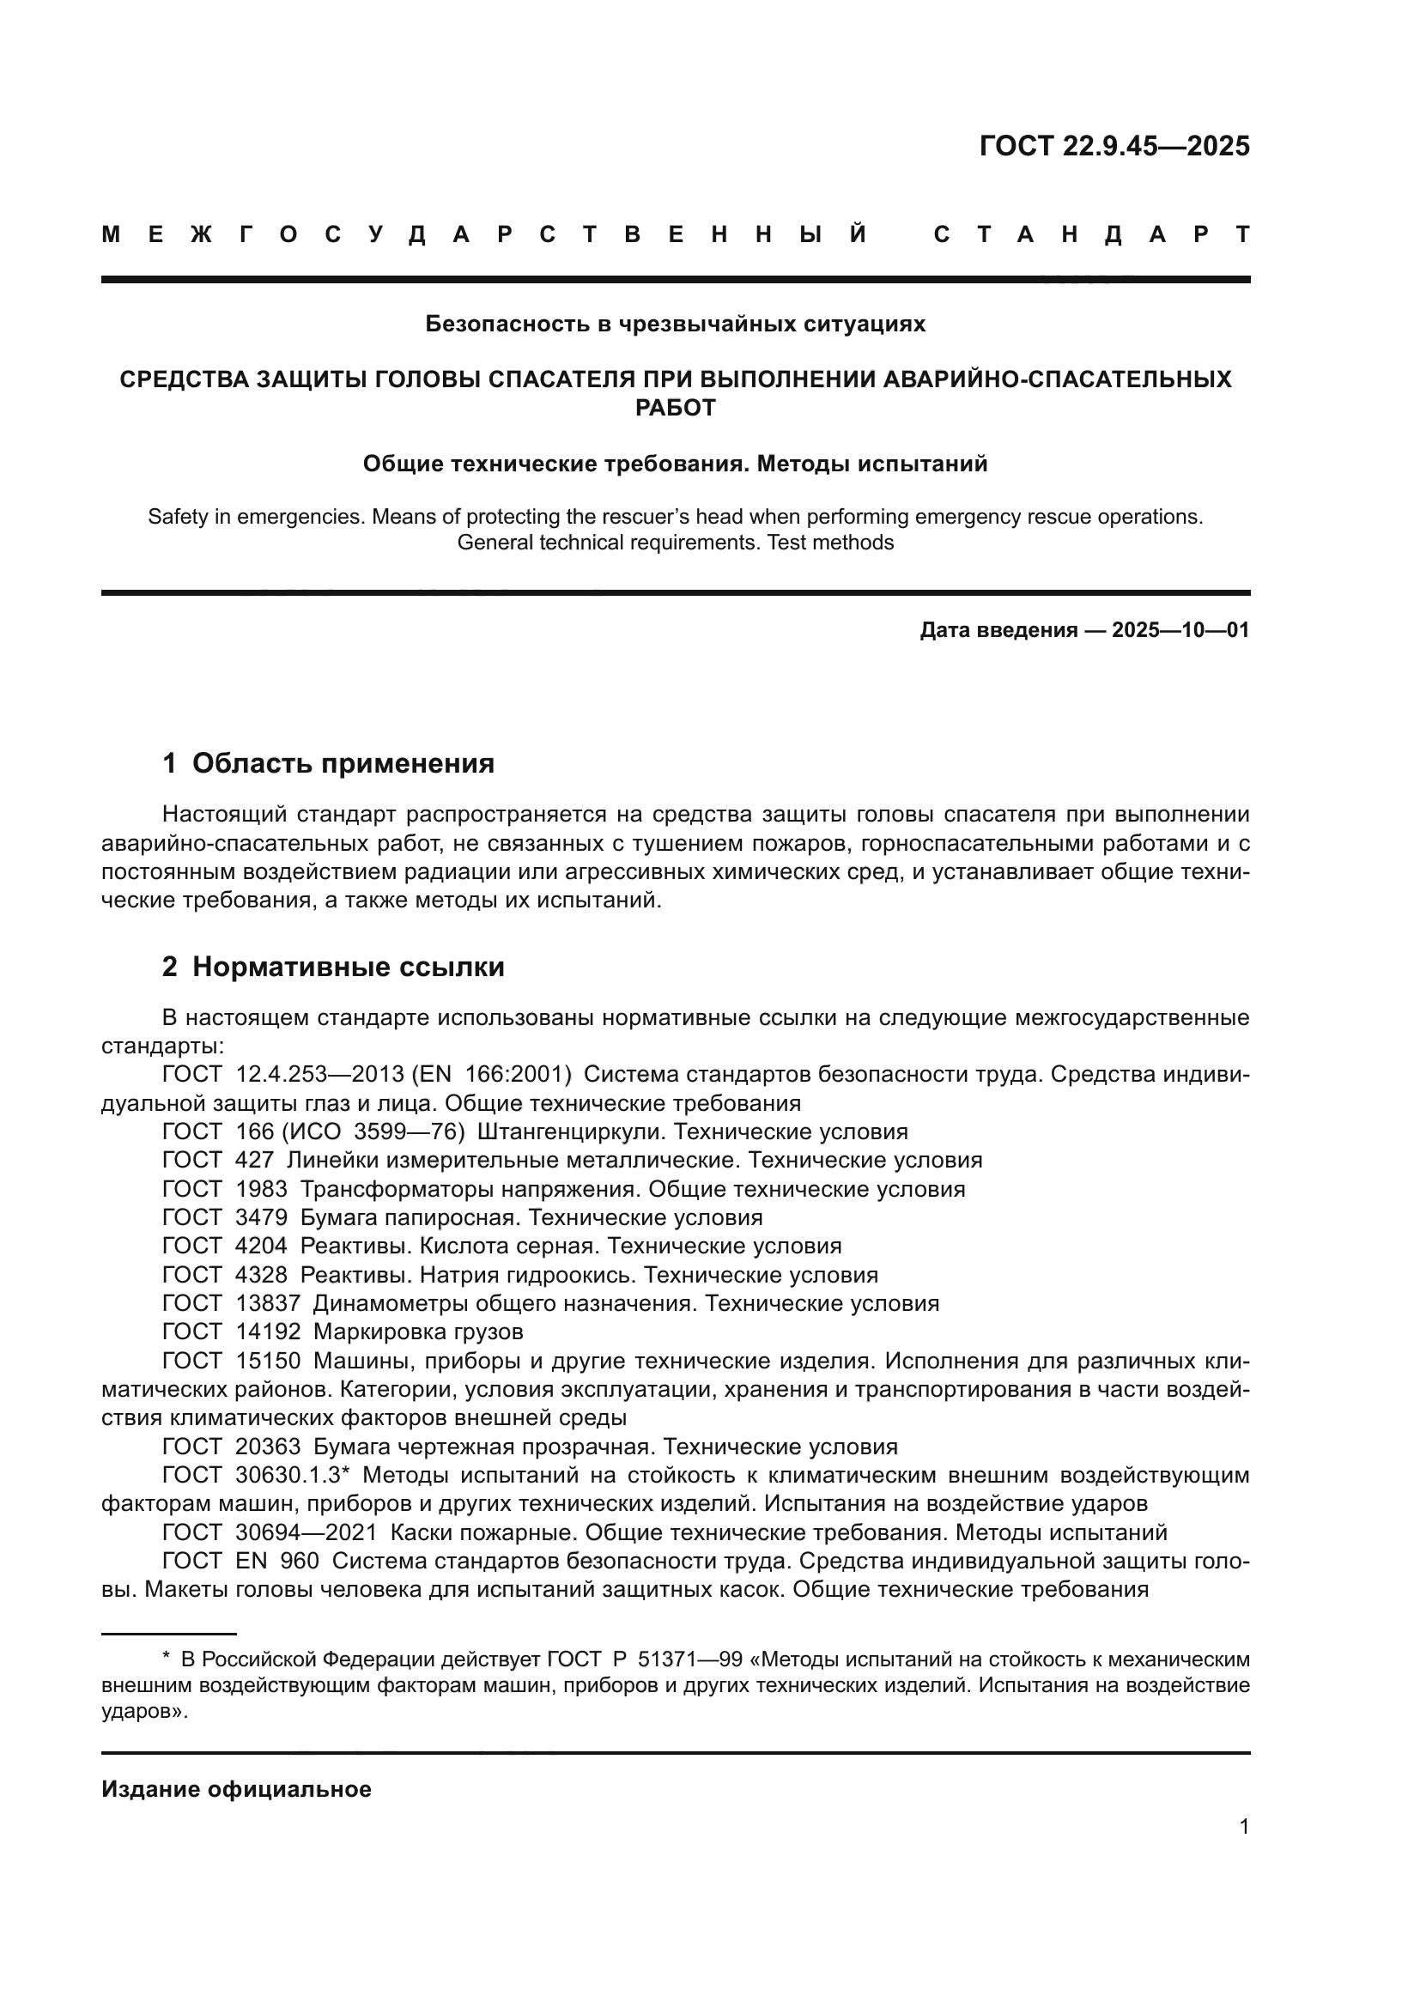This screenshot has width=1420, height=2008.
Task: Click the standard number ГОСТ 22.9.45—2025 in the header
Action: tap(1114, 145)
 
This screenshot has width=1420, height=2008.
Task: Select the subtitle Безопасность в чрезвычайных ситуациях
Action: tap(675, 324)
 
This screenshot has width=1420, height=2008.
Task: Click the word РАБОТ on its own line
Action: tap(675, 408)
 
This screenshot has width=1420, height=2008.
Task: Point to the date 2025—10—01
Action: tap(1180, 629)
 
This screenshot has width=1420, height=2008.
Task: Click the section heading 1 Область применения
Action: tap(328, 763)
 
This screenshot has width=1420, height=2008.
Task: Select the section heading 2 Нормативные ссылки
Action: tap(333, 967)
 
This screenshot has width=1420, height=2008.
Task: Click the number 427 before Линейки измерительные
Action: tap(254, 1161)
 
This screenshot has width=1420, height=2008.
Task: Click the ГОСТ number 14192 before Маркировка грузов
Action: tap(268, 1332)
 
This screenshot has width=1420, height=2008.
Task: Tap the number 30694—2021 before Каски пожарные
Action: tap(306, 1532)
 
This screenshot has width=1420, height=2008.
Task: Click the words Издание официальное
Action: tap(236, 1789)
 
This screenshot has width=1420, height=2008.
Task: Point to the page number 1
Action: tap(1243, 1827)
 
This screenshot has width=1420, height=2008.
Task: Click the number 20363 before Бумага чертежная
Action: tap(268, 1447)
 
